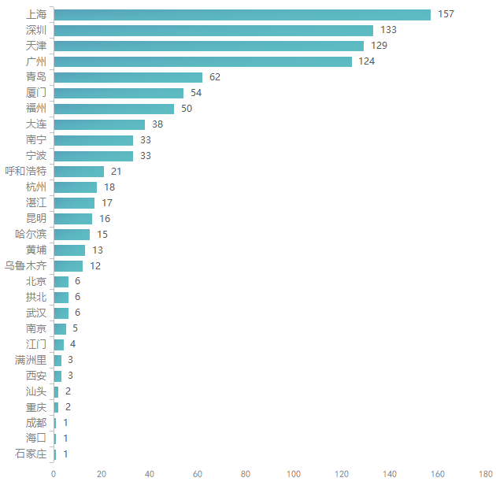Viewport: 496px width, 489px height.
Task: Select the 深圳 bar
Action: (213, 30)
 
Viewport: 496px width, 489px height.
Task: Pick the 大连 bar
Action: (99, 124)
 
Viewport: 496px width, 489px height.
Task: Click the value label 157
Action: (446, 14)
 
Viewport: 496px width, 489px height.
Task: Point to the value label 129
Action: (379, 46)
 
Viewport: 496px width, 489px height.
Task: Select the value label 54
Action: (197, 93)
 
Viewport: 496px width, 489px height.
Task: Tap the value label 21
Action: (117, 172)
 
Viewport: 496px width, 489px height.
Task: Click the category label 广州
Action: (36, 61)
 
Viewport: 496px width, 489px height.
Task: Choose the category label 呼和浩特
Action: (26, 172)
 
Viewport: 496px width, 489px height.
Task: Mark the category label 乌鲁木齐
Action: (26, 266)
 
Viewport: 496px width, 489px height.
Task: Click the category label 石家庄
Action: (31, 454)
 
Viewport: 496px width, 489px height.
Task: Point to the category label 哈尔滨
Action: (31, 235)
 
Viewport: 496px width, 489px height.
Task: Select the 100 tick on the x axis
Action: (294, 474)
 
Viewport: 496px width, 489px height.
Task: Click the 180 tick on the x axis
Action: (485, 474)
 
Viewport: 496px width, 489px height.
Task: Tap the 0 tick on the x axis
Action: (54, 474)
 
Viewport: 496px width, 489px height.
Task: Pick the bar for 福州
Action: (113, 109)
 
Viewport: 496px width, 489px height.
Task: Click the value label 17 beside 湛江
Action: (107, 203)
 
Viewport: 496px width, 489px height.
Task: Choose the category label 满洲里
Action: (31, 360)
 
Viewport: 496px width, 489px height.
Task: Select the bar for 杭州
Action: (75, 187)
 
